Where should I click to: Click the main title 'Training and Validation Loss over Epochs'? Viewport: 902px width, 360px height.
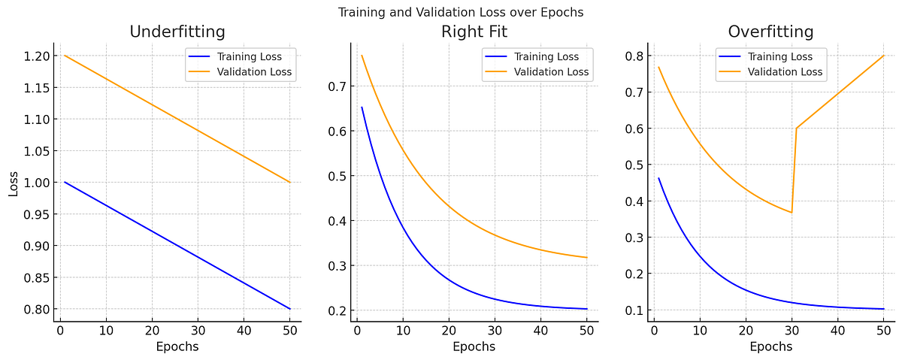pos(460,12)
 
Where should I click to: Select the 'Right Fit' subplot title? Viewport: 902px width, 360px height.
pos(474,32)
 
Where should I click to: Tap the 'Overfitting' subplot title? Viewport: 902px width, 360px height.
pos(770,32)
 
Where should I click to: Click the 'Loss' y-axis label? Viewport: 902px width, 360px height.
pos(14,183)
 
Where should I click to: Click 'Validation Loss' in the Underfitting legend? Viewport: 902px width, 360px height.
pos(254,73)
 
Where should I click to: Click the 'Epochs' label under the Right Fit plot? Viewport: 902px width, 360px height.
pos(474,347)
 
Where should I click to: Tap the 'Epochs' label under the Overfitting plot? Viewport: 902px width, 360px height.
pos(770,347)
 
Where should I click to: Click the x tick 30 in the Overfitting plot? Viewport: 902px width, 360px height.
pos(792,329)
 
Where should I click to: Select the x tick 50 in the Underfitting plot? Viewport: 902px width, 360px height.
pos(289,329)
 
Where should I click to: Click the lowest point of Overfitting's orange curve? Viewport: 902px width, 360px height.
pos(791,213)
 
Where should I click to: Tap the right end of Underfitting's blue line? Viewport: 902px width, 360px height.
pos(290,309)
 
